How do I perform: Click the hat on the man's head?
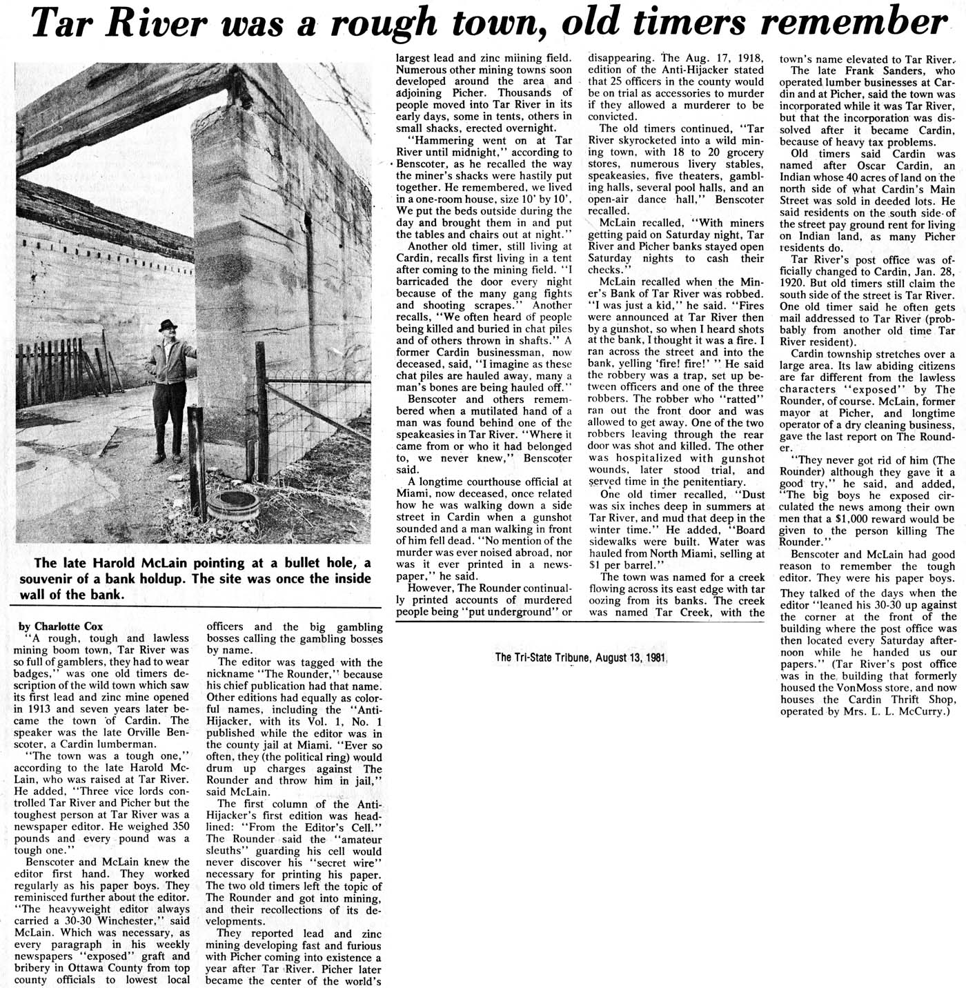click(x=166, y=324)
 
